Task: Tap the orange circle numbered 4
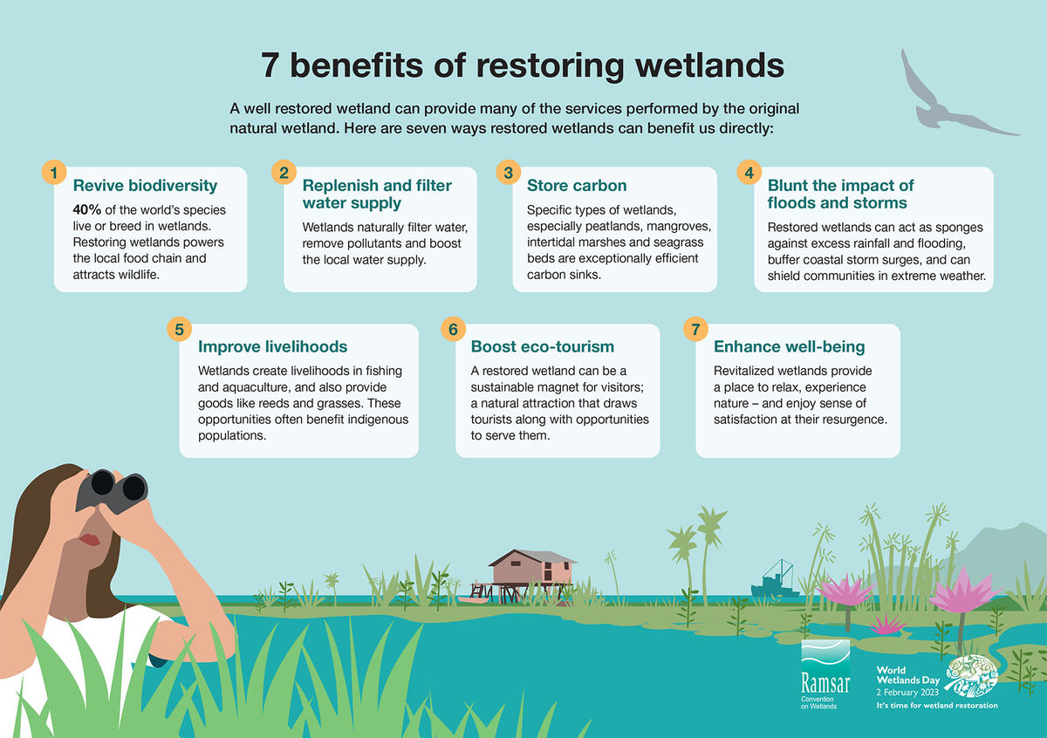tap(749, 172)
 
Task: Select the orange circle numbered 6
tap(452, 329)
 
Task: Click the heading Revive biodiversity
tap(145, 185)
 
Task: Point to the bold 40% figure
tap(89, 210)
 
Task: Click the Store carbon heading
tap(577, 185)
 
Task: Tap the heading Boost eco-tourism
tap(543, 346)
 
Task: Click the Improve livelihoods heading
tap(272, 346)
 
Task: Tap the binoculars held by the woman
tap(110, 489)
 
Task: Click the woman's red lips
tap(89, 540)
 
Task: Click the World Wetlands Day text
tap(907, 677)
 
